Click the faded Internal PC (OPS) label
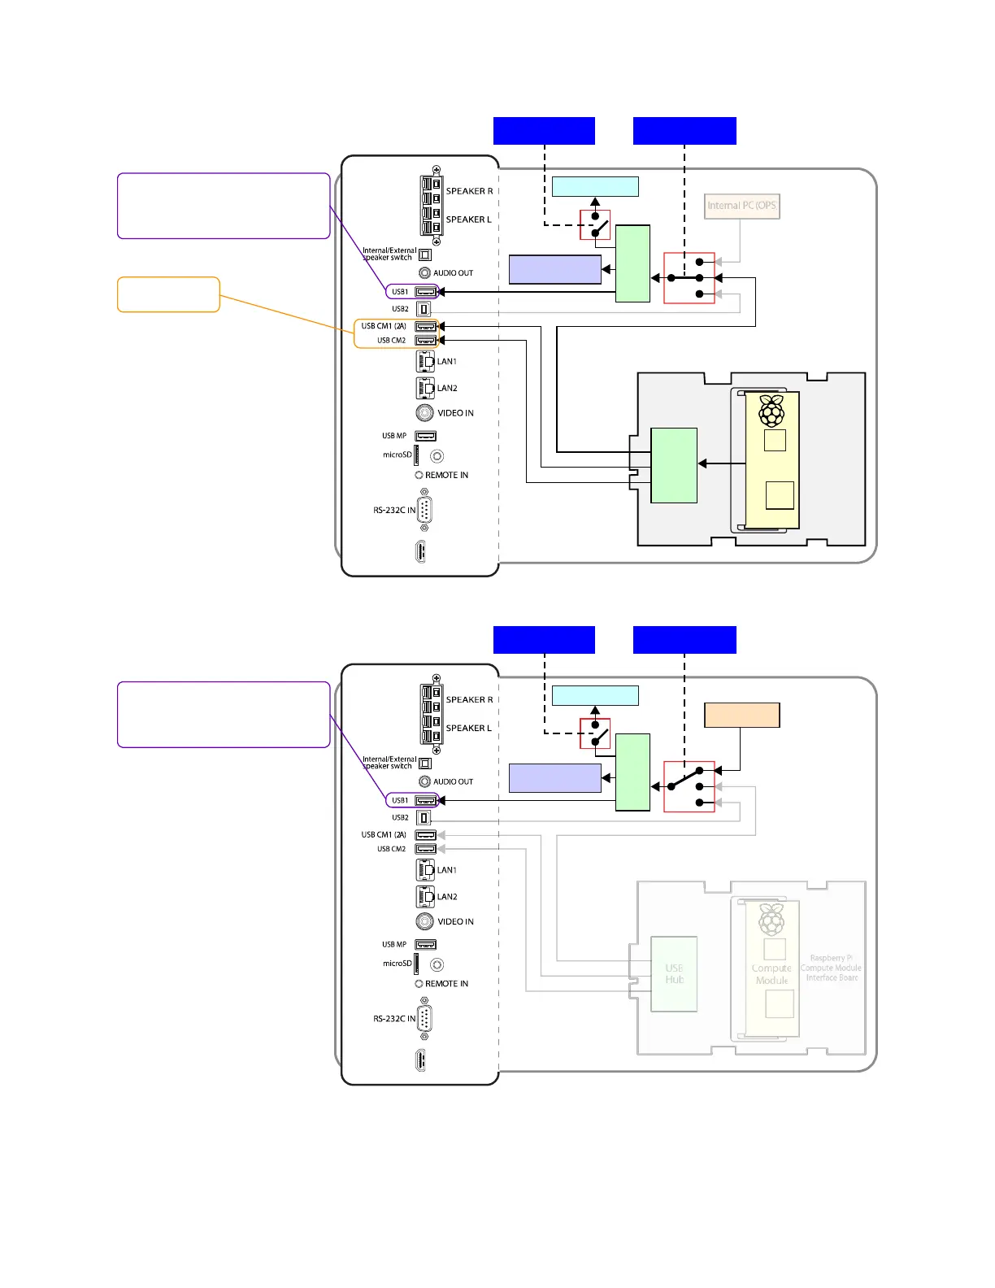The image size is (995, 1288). tap(741, 206)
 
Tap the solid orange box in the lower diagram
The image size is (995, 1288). tap(741, 716)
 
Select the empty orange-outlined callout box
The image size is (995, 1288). tap(168, 294)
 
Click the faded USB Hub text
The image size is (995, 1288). tap(674, 974)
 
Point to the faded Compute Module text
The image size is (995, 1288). tap(771, 974)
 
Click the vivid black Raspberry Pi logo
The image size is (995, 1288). tap(771, 411)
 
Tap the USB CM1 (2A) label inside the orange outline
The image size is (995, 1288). tap(384, 326)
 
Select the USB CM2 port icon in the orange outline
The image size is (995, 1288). tap(426, 341)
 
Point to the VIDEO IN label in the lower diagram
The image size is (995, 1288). tap(455, 921)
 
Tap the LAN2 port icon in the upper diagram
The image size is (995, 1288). tap(425, 388)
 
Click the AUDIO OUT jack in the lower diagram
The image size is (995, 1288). tap(424, 781)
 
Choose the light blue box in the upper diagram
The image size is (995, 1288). tap(595, 186)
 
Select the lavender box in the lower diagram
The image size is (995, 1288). tap(554, 778)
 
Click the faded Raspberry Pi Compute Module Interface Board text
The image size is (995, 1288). tap(831, 968)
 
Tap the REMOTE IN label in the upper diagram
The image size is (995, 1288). tap(446, 475)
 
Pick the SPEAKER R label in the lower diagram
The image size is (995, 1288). tap(469, 699)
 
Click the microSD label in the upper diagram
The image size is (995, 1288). tap(398, 455)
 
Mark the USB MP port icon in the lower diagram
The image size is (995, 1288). tap(426, 944)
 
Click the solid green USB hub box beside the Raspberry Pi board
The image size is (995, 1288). tap(674, 465)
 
